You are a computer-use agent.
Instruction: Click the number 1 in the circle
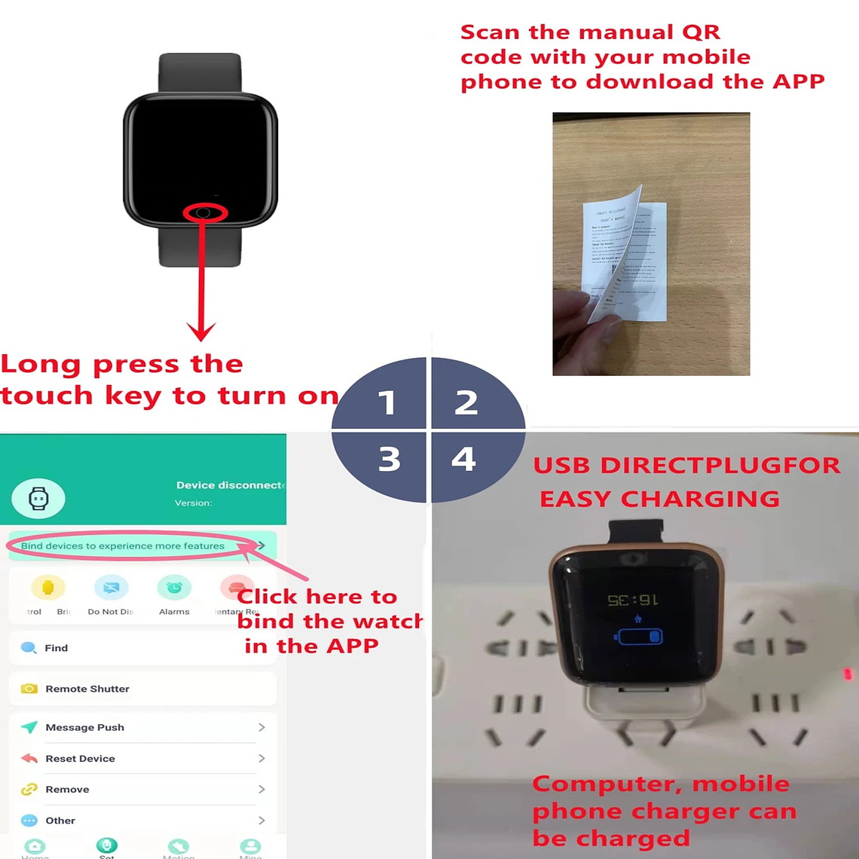(x=387, y=402)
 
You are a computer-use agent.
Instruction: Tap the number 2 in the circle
(x=466, y=402)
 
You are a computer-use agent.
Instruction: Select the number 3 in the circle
(x=389, y=459)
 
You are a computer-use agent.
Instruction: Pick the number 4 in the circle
(x=463, y=459)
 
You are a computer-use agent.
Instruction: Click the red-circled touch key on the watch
(x=204, y=213)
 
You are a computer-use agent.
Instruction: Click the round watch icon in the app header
(x=38, y=498)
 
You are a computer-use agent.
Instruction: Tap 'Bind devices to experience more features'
(x=123, y=546)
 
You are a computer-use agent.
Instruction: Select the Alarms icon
(x=174, y=588)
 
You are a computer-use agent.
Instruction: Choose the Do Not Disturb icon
(x=111, y=588)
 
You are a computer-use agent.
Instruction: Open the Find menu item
(x=56, y=648)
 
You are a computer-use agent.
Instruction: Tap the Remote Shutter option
(x=87, y=689)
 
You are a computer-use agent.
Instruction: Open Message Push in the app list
(x=84, y=727)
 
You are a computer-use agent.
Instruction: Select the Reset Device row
(x=80, y=758)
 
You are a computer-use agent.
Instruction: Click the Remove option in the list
(x=67, y=789)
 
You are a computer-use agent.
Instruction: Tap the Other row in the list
(x=60, y=821)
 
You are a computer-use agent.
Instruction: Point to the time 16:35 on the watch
(x=633, y=601)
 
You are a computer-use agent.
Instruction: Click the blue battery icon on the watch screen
(x=639, y=637)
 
